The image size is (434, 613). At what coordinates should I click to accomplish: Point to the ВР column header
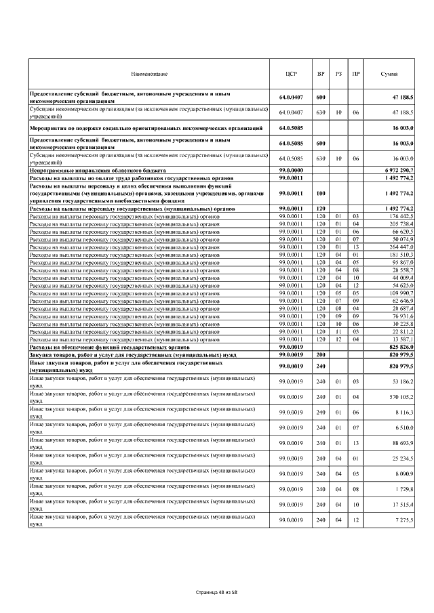coord(321,73)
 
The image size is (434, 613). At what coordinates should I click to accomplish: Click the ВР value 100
coord(321,193)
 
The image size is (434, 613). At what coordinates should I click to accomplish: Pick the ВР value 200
coord(321,354)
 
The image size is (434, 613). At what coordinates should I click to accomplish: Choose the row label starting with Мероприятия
coord(145,127)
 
